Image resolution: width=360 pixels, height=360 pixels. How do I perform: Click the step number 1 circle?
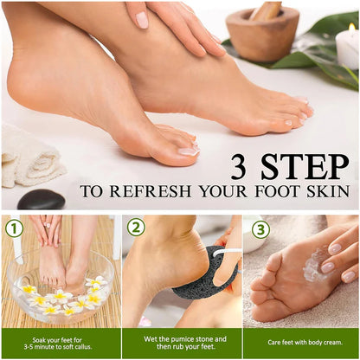point(14,228)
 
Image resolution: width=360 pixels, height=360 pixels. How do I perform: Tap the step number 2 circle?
point(136,228)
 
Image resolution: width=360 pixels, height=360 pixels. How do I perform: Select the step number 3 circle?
point(260,228)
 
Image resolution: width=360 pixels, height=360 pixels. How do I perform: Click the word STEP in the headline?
point(303,166)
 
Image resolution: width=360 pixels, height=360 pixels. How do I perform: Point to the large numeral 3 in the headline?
point(241,166)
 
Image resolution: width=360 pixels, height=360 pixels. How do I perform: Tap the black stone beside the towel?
point(41,200)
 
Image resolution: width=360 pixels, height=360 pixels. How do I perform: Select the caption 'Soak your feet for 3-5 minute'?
point(61,343)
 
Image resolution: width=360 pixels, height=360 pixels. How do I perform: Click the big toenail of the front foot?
point(189,151)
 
